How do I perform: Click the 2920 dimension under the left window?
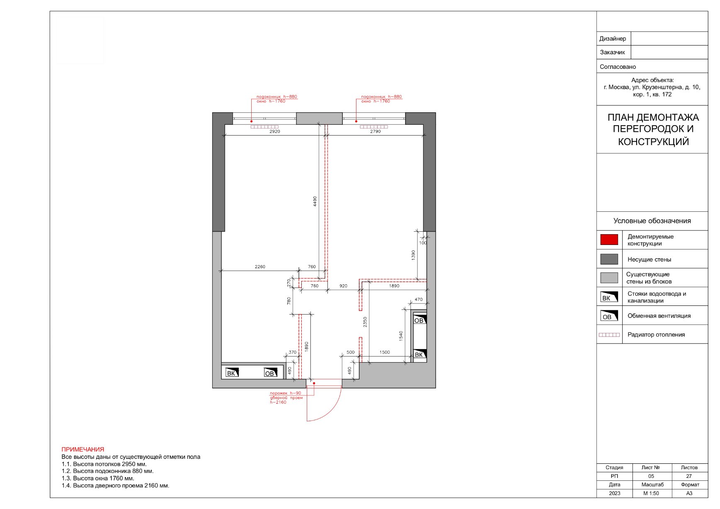click(275, 131)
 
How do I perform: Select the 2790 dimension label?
click(375, 131)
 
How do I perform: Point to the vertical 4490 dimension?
click(315, 201)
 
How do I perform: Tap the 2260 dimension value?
click(260, 267)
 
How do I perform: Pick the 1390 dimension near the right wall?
click(413, 255)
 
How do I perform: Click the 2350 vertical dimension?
click(365, 322)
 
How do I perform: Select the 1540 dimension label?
click(401, 336)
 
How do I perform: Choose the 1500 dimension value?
click(385, 352)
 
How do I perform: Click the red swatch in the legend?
click(609, 240)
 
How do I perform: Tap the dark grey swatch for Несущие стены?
click(609, 259)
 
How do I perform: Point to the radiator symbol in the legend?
click(609, 335)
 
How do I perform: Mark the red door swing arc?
click(332, 412)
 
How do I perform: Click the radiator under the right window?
click(374, 127)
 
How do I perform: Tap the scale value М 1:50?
click(651, 493)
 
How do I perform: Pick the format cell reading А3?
click(689, 493)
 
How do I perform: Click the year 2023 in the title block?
click(615, 493)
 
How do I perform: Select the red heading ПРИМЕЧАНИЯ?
click(83, 449)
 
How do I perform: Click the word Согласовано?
click(618, 67)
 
